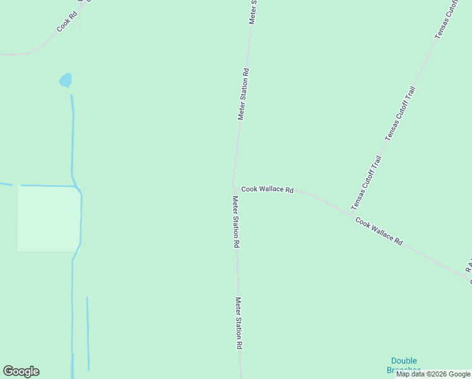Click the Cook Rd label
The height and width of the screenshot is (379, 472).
[x=66, y=21]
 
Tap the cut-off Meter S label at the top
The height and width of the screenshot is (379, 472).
[x=253, y=12]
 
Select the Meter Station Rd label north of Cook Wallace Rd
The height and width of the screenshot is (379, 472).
[x=244, y=94]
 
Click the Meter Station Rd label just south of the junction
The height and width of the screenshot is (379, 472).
[x=235, y=222]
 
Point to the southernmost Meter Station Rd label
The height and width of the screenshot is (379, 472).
[x=239, y=323]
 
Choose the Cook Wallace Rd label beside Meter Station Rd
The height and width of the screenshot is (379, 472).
[x=267, y=189]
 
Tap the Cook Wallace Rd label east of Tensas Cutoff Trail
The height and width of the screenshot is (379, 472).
[x=379, y=231]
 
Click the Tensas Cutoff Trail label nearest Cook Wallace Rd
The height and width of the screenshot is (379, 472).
[x=367, y=183]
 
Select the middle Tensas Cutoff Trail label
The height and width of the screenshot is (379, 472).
[x=400, y=114]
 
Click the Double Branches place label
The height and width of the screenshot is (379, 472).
[x=404, y=365]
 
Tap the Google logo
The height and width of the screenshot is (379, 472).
[x=21, y=371]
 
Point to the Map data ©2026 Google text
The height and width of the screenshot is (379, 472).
[x=434, y=374]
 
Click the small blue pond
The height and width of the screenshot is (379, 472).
[x=65, y=80]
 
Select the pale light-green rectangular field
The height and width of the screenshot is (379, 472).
[x=49, y=219]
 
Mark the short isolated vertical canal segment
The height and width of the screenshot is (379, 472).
[x=88, y=333]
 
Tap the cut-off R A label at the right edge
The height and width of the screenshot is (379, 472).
[x=468, y=266]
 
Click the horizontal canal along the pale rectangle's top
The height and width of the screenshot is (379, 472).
[x=47, y=186]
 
